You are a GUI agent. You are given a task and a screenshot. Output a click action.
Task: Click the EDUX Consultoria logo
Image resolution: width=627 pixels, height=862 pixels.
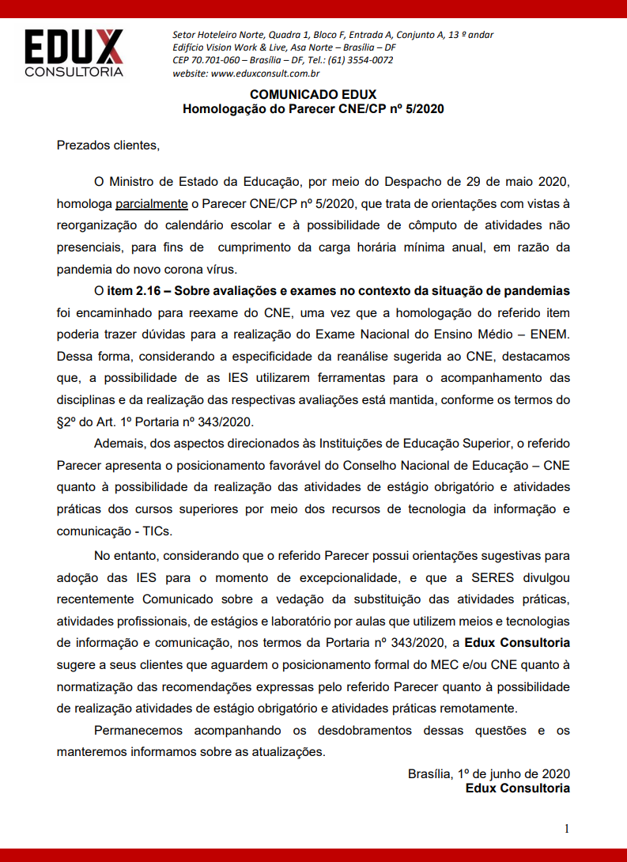pyautogui.click(x=74, y=54)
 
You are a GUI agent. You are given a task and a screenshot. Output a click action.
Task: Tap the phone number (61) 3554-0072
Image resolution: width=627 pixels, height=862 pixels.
pyautogui.click(x=360, y=60)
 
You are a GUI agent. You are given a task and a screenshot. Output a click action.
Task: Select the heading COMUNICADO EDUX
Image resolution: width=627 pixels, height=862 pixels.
pyautogui.click(x=313, y=95)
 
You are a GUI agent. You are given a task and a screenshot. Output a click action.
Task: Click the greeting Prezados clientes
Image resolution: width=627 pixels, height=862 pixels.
pyautogui.click(x=108, y=146)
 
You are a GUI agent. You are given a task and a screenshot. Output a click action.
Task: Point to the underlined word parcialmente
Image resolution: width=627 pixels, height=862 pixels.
pyautogui.click(x=152, y=204)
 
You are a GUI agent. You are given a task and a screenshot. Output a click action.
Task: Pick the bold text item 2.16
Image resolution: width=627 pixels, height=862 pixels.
pyautogui.click(x=135, y=291)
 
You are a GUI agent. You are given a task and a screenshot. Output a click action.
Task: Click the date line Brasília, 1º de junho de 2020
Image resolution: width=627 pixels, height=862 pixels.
pyautogui.click(x=489, y=773)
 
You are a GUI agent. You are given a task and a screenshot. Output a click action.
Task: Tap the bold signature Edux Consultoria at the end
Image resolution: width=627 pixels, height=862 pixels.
pyautogui.click(x=517, y=788)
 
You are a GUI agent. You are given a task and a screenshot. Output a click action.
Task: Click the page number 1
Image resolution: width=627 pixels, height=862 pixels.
pyautogui.click(x=566, y=828)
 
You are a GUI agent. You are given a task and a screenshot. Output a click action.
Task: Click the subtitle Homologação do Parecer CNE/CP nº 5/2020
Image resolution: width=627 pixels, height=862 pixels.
pyautogui.click(x=313, y=109)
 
